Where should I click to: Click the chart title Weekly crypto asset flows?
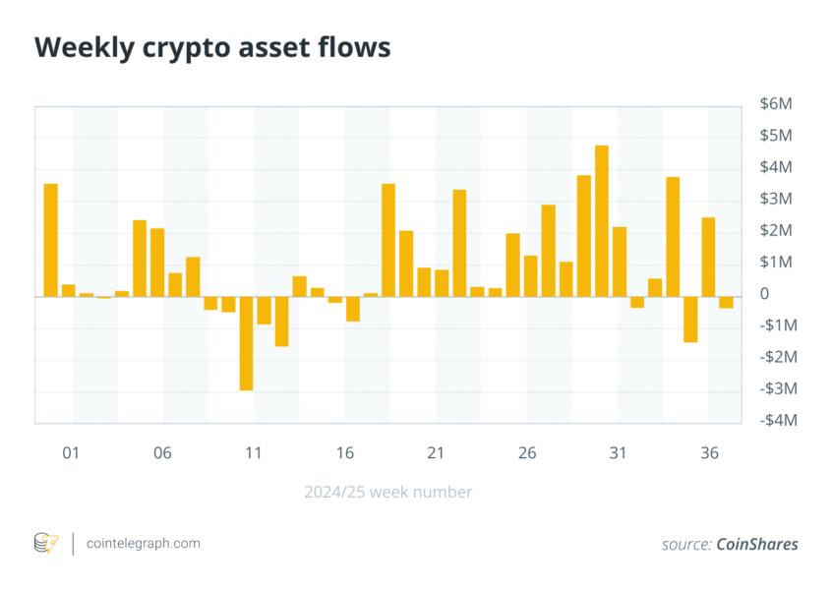tap(212, 48)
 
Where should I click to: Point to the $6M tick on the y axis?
tap(775, 103)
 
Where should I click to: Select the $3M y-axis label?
tap(775, 199)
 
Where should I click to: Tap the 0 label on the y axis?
tap(764, 294)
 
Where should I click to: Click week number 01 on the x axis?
tap(70, 453)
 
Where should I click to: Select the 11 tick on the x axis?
tap(254, 453)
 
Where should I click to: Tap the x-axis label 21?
tap(436, 453)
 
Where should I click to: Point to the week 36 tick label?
tap(708, 453)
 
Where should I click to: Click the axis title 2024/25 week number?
tap(388, 492)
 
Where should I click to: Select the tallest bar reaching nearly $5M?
tap(602, 220)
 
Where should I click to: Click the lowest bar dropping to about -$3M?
tap(246, 343)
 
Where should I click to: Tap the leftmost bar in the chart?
tap(50, 240)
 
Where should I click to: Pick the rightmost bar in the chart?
tap(726, 302)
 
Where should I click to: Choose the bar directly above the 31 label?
tap(620, 262)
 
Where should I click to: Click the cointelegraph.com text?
tap(144, 543)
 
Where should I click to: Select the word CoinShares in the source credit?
tap(757, 544)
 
